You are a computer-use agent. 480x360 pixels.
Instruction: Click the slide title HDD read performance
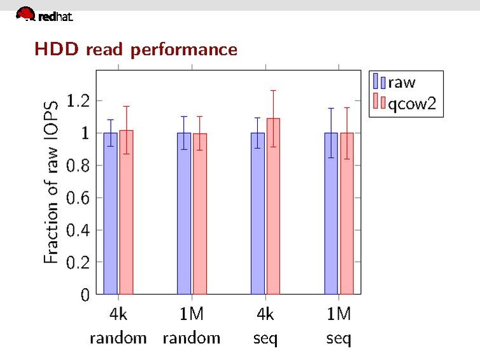tap(136, 49)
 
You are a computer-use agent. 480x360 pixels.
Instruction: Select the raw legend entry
tap(394, 82)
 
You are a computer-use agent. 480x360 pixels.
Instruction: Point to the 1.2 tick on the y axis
tap(78, 100)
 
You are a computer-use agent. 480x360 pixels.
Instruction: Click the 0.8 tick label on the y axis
tap(78, 165)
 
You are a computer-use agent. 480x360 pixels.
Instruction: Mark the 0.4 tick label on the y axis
tap(78, 230)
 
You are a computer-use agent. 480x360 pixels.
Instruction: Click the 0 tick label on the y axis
tap(85, 294)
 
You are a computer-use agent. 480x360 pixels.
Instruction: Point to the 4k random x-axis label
tap(118, 325)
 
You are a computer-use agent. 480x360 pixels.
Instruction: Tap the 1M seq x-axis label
tap(339, 325)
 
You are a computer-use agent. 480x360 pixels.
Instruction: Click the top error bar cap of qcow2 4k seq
tap(273, 90)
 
